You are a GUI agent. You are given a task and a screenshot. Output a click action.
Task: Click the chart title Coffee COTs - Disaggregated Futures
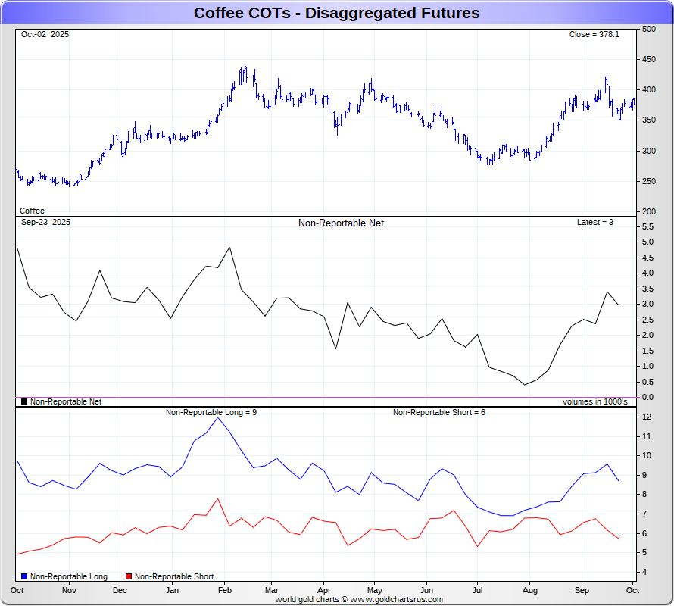336,13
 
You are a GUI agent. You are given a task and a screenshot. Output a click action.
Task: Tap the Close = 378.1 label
594,35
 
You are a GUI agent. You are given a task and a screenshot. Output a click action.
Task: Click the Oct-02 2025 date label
45,35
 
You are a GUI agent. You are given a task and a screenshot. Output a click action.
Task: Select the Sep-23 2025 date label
45,223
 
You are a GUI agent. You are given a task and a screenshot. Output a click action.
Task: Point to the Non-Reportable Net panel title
341,223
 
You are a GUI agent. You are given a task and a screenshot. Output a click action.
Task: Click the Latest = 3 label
595,223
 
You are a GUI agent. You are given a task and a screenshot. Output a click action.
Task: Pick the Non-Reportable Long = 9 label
211,412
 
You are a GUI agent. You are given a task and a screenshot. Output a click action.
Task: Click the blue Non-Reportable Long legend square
25,577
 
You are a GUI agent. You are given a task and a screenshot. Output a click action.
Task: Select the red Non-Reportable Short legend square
129,577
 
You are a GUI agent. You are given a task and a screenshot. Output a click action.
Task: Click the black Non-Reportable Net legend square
24,402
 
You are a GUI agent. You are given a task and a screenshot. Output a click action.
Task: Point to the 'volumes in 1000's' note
594,402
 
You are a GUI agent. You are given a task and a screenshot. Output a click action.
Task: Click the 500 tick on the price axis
648,30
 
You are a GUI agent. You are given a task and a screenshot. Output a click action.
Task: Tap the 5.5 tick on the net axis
647,226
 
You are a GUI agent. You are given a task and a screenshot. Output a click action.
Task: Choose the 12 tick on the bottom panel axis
647,417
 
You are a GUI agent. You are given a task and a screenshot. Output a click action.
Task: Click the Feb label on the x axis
225,589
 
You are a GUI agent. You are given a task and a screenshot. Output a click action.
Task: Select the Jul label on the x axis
478,589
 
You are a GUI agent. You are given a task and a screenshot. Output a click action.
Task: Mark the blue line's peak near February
218,418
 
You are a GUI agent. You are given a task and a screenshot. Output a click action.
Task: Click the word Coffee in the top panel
32,211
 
